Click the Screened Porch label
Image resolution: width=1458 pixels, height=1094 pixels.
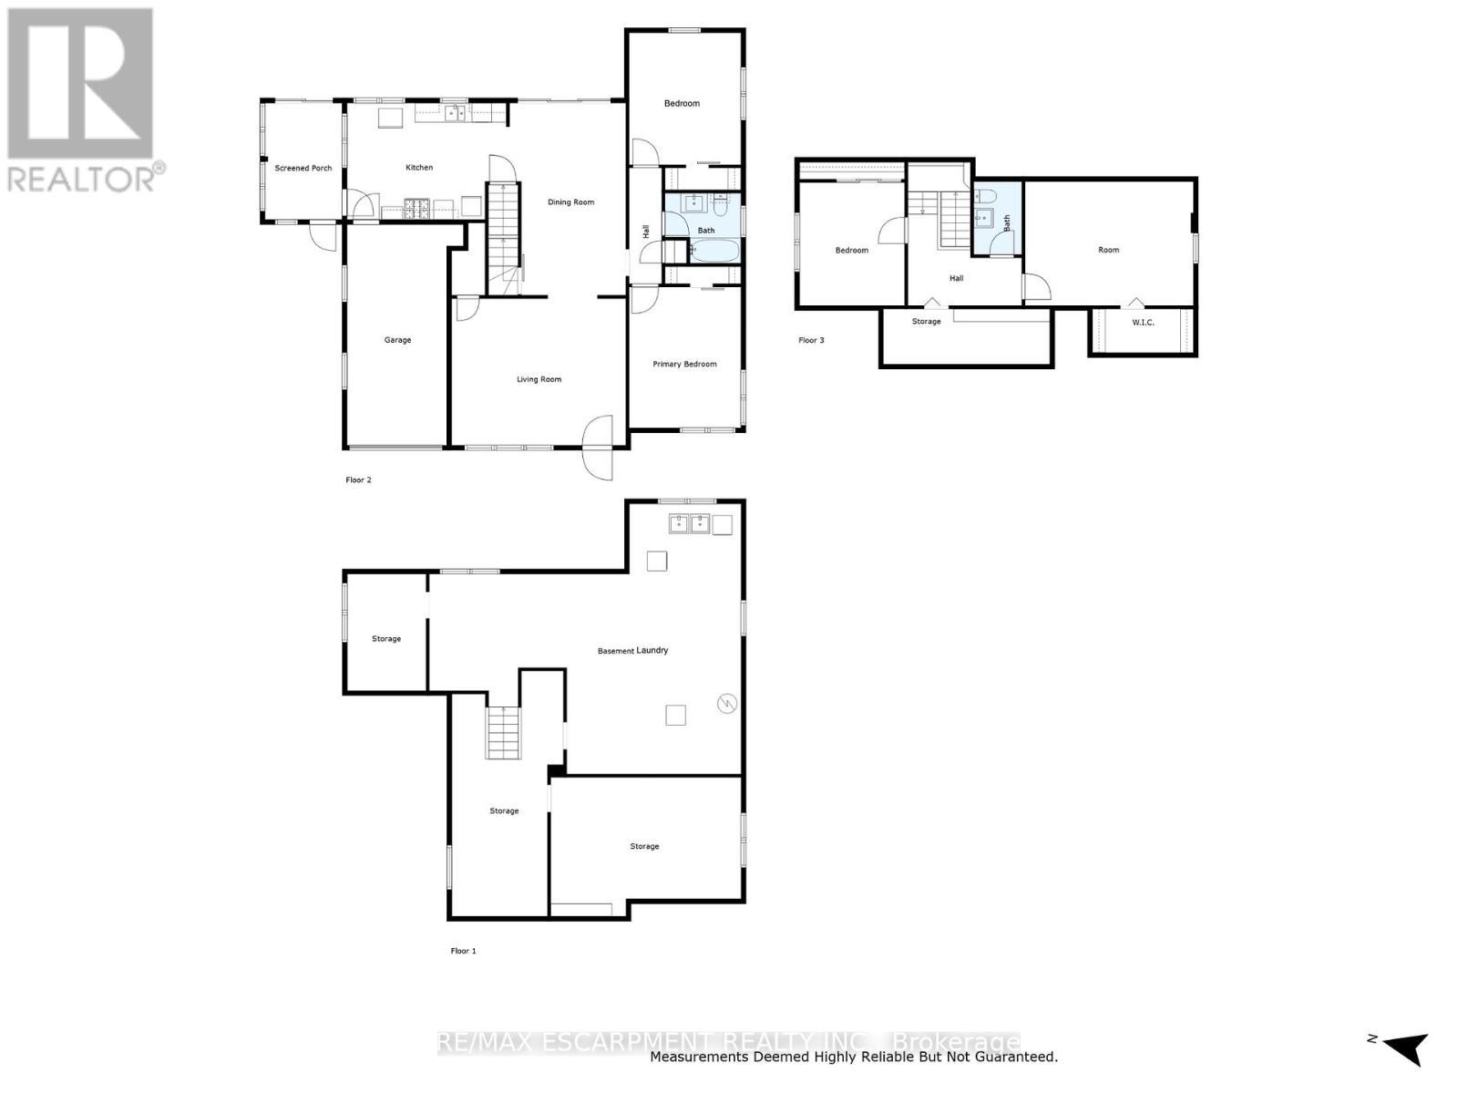click(303, 169)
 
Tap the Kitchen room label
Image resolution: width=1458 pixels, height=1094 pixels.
click(419, 168)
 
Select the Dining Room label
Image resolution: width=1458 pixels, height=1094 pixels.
click(570, 202)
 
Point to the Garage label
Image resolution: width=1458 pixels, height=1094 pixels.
click(397, 340)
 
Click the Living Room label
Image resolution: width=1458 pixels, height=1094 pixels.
click(539, 379)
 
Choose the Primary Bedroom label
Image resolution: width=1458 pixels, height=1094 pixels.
click(684, 365)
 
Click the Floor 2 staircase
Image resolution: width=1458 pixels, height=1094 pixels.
click(502, 237)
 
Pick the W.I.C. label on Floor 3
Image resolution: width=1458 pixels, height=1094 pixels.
click(1143, 323)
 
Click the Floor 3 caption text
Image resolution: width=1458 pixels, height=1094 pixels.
click(811, 341)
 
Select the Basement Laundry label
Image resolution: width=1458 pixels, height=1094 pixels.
click(632, 651)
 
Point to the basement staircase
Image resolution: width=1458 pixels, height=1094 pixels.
click(503, 733)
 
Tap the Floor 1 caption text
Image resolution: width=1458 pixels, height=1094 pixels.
click(463, 952)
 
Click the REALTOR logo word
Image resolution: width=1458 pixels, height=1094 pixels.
click(82, 177)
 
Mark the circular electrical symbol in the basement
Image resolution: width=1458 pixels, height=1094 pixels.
click(726, 704)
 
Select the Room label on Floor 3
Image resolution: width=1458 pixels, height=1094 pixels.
click(1108, 250)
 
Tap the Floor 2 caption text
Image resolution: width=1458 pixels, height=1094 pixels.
click(358, 480)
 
